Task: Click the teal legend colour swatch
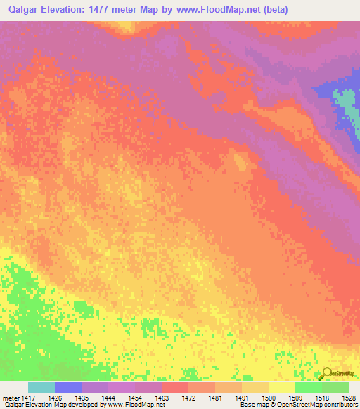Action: coord(41,387)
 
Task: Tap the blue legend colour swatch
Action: coord(67,387)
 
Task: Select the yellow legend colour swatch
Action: coord(282,387)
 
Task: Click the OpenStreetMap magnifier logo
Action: coord(328,373)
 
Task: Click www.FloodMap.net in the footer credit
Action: coord(138,405)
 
